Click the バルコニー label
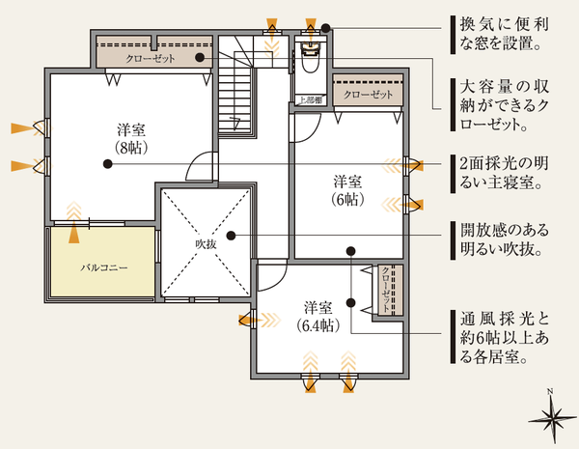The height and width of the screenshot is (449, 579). (x=103, y=264)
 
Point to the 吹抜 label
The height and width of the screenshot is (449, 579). (x=206, y=244)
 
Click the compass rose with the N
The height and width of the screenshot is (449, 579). (x=551, y=416)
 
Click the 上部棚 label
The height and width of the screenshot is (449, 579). (x=308, y=99)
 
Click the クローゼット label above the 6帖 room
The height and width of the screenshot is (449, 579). (x=368, y=95)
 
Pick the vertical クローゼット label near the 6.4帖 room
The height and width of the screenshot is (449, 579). (x=387, y=289)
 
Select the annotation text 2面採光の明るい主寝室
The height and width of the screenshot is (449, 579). (x=508, y=171)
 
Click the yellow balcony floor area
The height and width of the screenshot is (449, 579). (x=103, y=275)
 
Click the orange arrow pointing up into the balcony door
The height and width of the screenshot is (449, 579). (x=73, y=231)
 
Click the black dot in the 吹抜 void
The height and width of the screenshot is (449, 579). (x=230, y=235)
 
